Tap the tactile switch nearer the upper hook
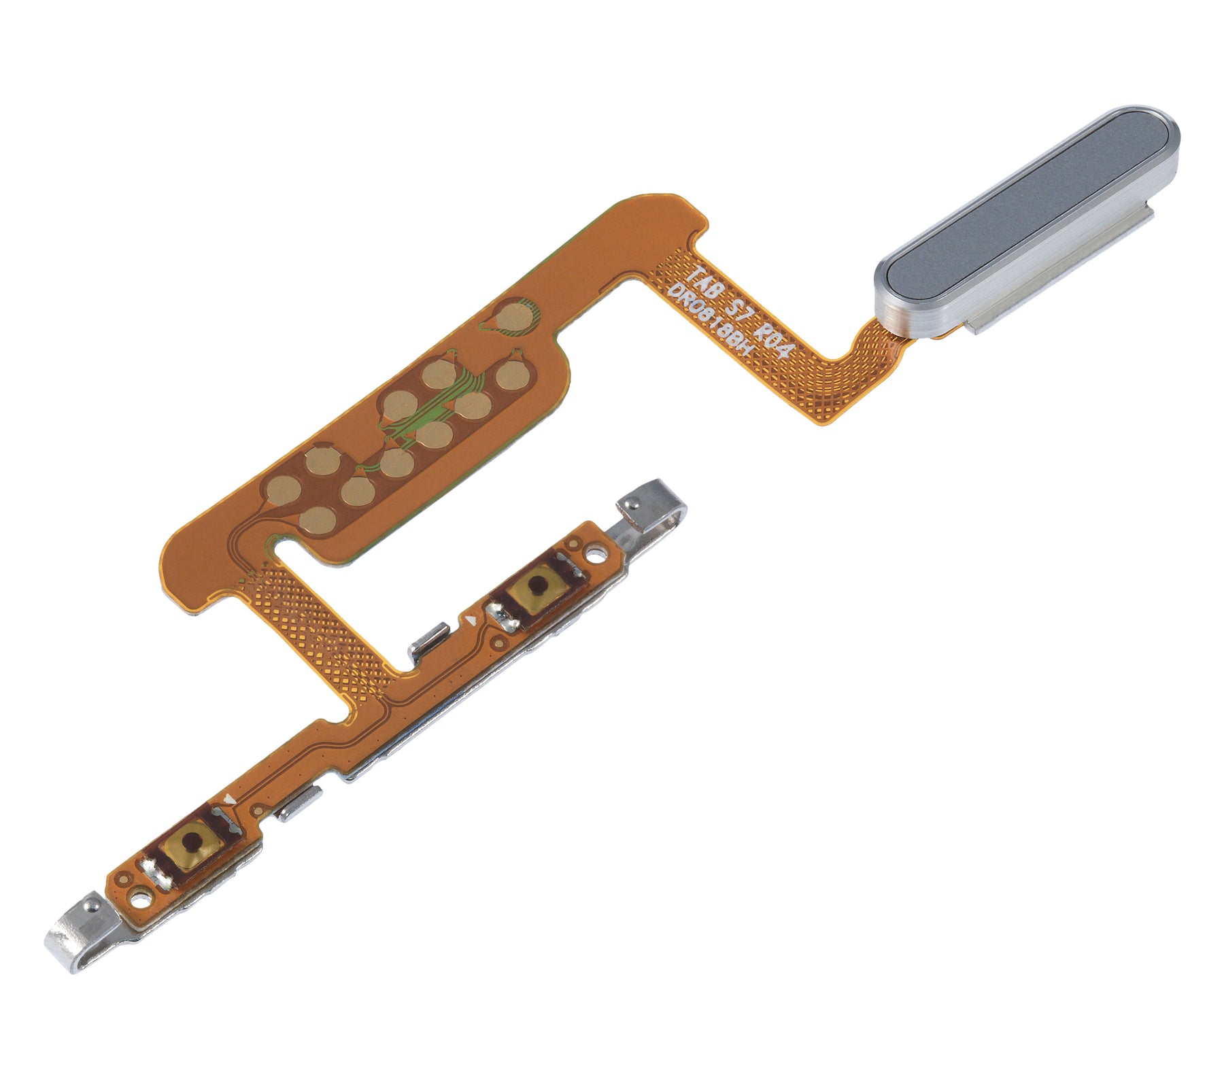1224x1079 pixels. click(x=537, y=583)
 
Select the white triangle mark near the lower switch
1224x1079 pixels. click(x=233, y=802)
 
